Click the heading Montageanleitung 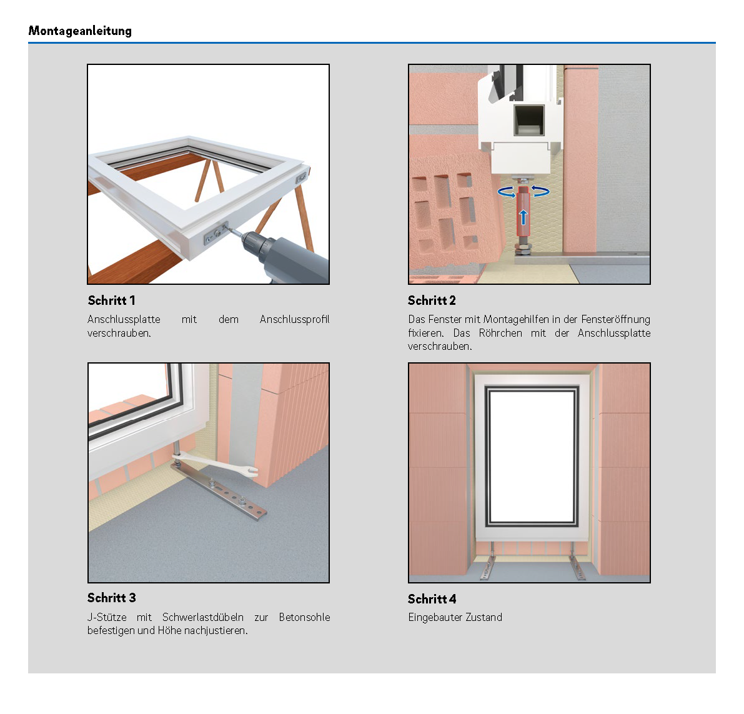tap(80, 31)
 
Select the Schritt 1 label tap(111, 300)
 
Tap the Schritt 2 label tap(432, 300)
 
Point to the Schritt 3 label tap(111, 598)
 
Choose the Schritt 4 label tap(432, 599)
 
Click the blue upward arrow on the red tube tap(523, 217)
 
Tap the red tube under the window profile tap(523, 212)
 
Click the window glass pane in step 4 tap(532, 457)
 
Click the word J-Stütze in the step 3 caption tap(107, 617)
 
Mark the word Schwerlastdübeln tap(203, 617)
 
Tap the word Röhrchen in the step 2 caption tap(500, 333)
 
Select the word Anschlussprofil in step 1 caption tap(295, 319)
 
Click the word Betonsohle tap(305, 617)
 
